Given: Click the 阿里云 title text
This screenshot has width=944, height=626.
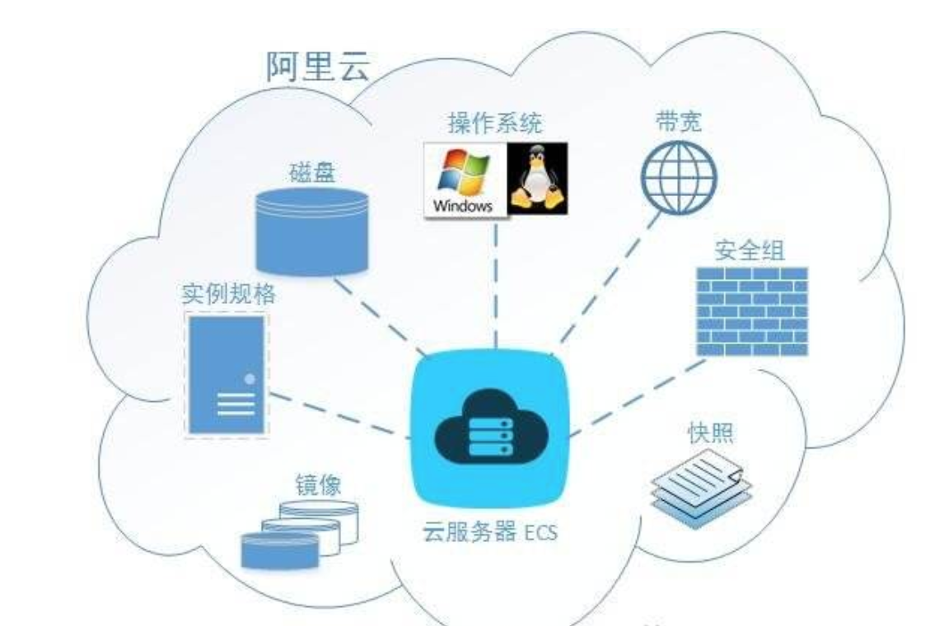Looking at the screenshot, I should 317,66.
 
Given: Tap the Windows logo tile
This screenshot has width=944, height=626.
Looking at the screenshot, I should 464,179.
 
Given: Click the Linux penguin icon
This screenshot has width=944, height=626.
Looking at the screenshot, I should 537,179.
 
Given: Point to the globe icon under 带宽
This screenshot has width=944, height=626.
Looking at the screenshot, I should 679,178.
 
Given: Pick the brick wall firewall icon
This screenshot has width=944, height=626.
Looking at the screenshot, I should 751,311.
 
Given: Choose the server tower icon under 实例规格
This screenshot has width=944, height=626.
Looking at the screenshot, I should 226,374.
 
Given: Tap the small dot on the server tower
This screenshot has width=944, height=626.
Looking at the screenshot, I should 249,380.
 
